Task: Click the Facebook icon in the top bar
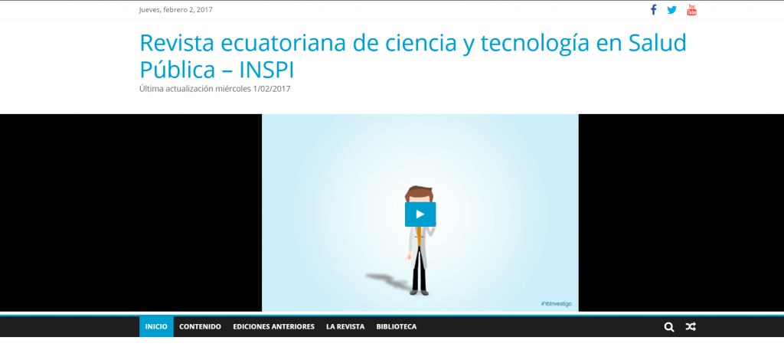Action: click(x=653, y=10)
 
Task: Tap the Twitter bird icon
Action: click(x=672, y=10)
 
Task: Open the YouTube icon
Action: click(x=691, y=10)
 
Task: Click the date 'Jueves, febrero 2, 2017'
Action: click(x=175, y=9)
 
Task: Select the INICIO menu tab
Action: click(x=156, y=326)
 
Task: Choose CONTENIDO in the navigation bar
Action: click(x=200, y=326)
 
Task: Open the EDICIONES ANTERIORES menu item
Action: click(x=273, y=326)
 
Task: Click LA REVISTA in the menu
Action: click(x=345, y=326)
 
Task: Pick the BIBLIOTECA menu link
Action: click(x=397, y=326)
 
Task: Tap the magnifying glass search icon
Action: click(x=669, y=327)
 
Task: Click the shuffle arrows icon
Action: click(x=691, y=327)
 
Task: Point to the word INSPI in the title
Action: click(x=267, y=70)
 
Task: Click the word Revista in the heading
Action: click(x=177, y=44)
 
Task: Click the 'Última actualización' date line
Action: click(x=215, y=89)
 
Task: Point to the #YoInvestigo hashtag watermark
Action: click(x=556, y=303)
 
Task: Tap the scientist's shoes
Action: click(x=420, y=292)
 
